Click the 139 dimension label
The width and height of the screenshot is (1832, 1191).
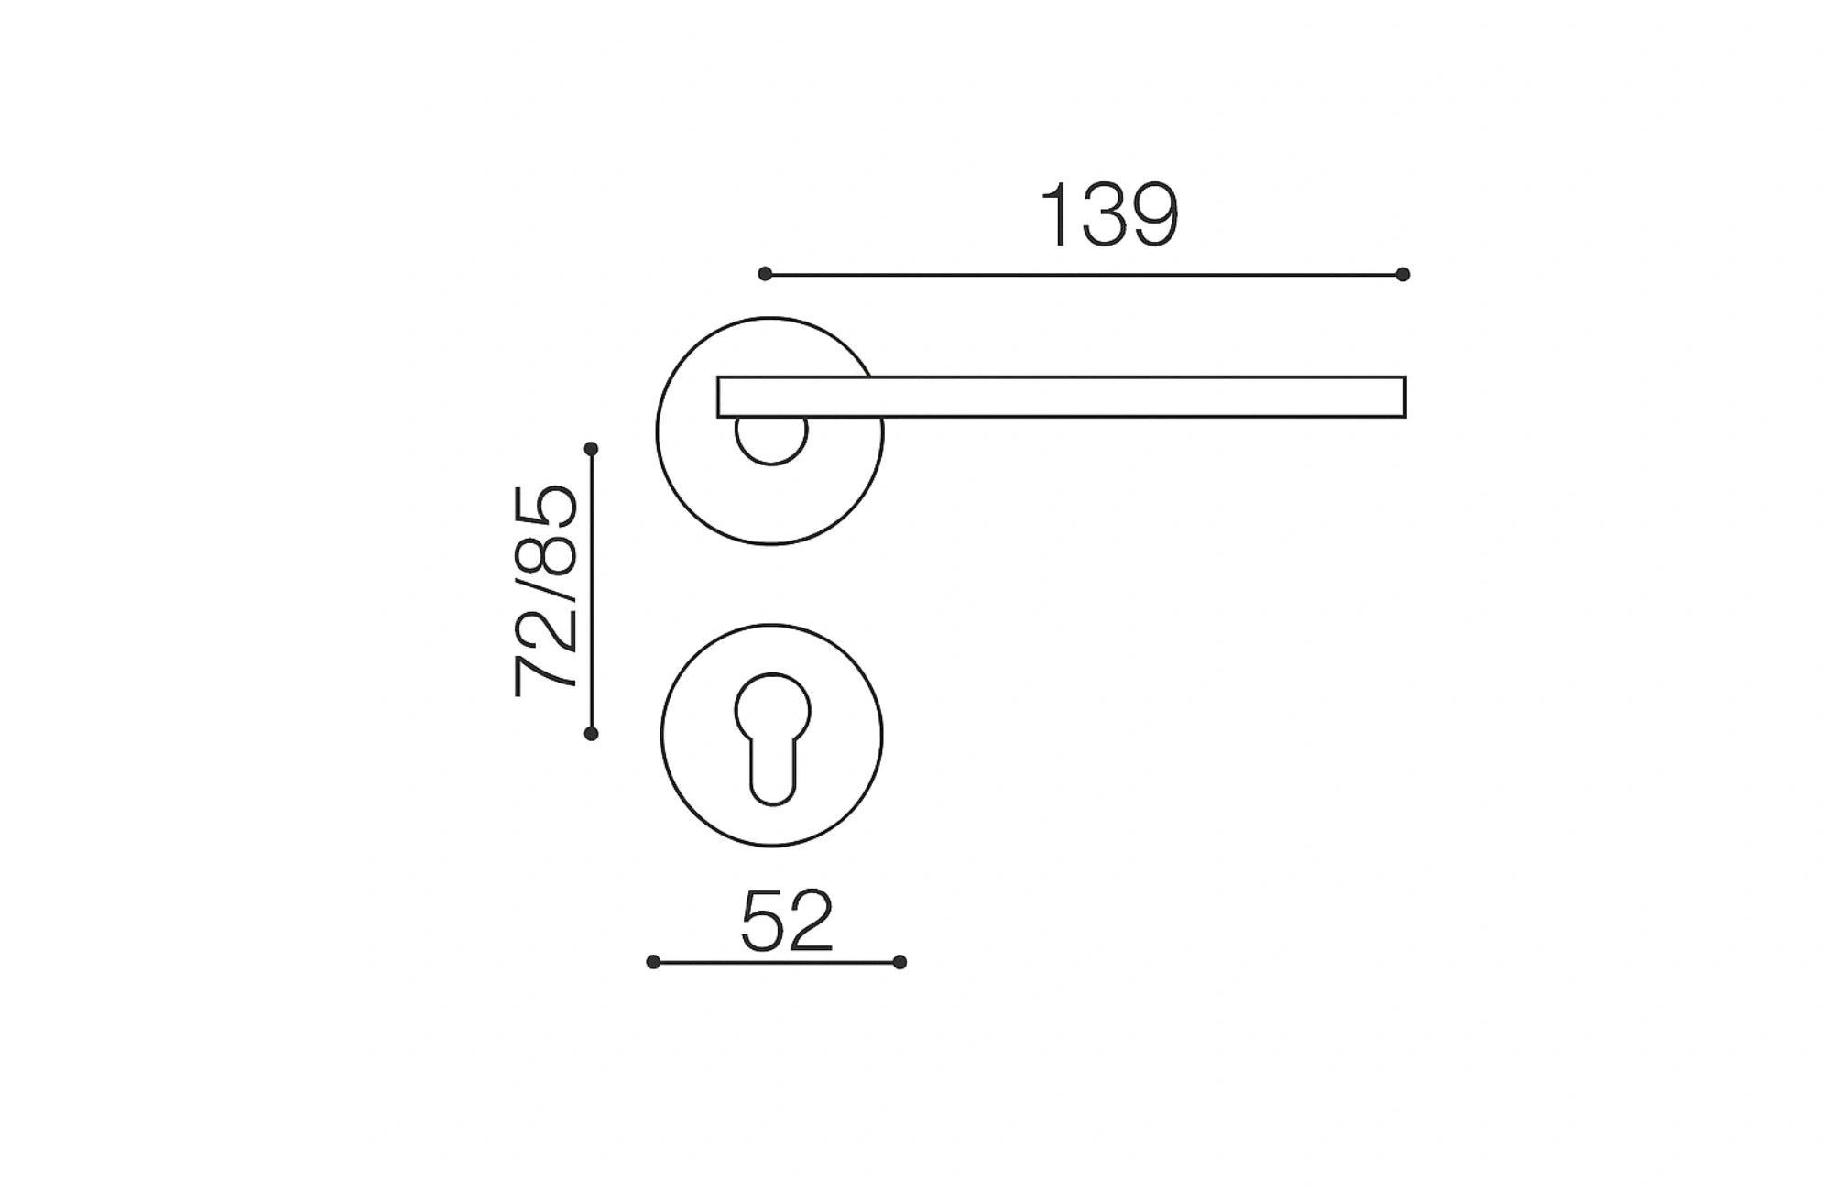[1108, 215]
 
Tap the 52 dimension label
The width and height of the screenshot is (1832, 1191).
[787, 920]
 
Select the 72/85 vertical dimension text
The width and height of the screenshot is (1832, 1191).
[546, 591]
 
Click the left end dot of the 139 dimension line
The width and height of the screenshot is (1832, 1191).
[765, 274]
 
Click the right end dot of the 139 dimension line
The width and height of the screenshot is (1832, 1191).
[1402, 274]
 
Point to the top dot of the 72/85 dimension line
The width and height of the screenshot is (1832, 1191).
[591, 449]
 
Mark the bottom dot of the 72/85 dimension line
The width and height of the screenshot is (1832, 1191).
[591, 733]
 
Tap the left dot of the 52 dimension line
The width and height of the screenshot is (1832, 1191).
[653, 962]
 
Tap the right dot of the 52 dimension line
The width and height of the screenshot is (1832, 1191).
[900, 962]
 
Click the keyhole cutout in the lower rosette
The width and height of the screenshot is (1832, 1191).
[772, 733]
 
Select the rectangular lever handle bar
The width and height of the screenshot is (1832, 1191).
[1061, 397]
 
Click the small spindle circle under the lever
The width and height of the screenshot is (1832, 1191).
[771, 440]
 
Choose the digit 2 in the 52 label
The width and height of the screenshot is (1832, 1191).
[810, 920]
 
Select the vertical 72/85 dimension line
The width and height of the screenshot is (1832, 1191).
[592, 591]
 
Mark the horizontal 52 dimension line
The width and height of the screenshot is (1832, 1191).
[776, 962]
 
